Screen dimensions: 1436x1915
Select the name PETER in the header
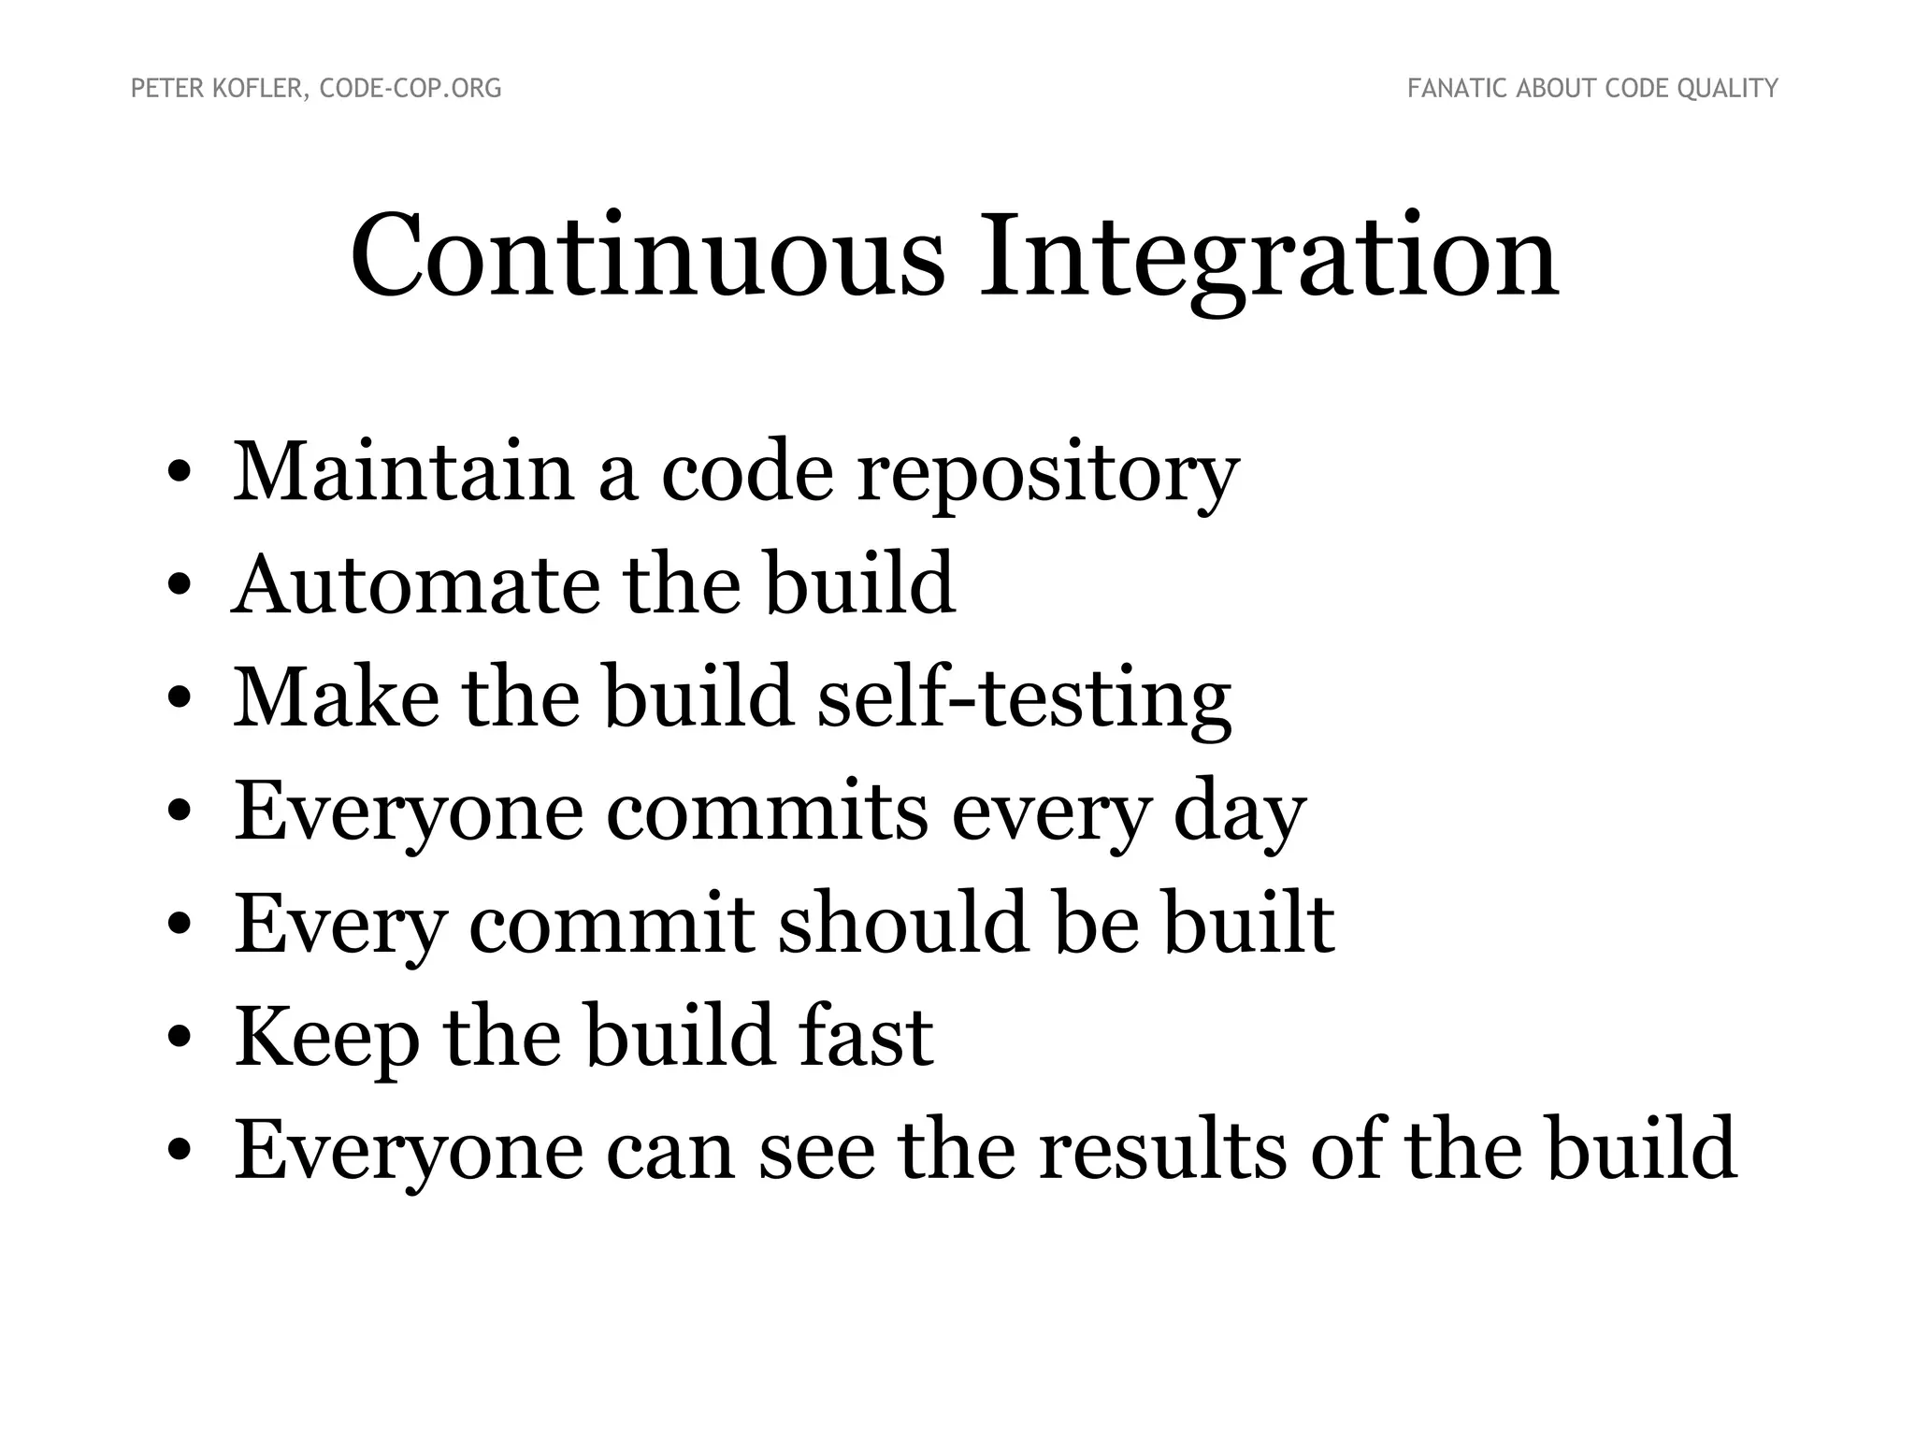coord(162,89)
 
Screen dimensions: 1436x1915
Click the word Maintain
coord(403,471)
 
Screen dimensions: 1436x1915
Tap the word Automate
coord(416,585)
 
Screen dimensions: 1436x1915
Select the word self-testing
coord(1024,699)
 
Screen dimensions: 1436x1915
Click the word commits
coord(767,811)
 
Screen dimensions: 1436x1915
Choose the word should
coord(903,924)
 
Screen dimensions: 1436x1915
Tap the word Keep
coord(326,1038)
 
